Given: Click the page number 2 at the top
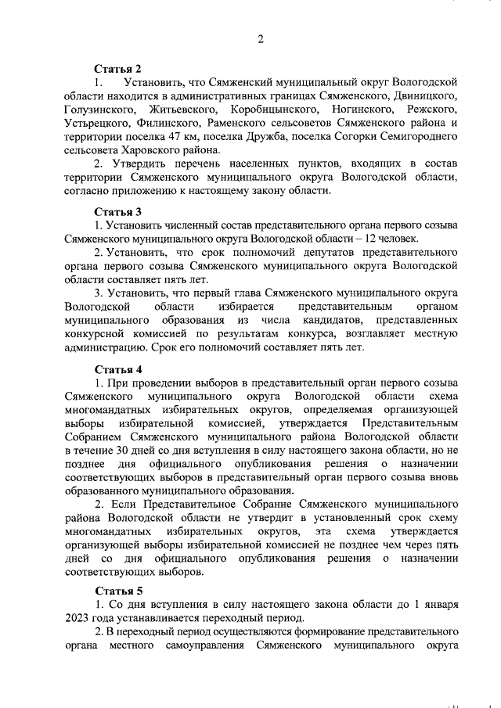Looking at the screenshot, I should click(x=261, y=39).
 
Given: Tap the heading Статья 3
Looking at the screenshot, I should click(x=118, y=210).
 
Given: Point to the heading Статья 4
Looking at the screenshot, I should click(x=118, y=368).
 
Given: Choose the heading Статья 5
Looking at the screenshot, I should click(x=118, y=591).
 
